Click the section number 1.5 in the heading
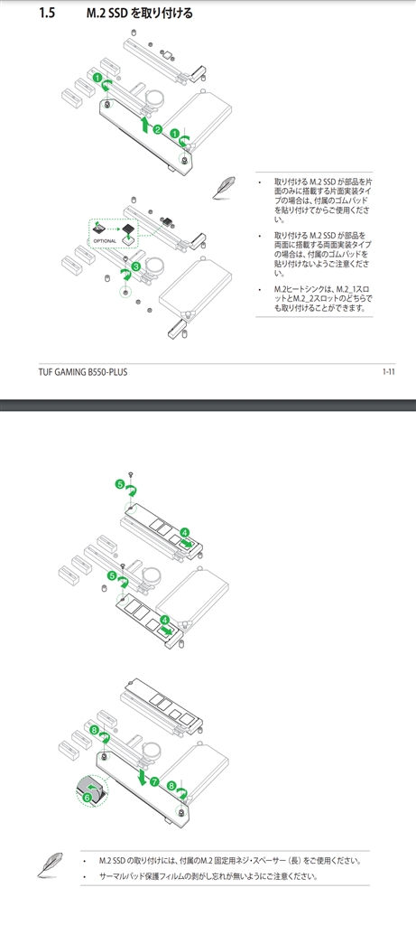click(x=47, y=13)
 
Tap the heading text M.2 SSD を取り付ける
click(x=139, y=13)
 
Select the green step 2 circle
click(x=157, y=129)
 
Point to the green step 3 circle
click(x=136, y=266)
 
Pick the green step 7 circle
click(x=154, y=781)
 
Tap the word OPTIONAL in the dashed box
click(x=105, y=241)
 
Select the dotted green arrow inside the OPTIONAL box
click(x=113, y=226)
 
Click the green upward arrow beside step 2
click(x=145, y=125)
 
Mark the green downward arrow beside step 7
click(x=142, y=776)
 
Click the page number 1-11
click(x=388, y=371)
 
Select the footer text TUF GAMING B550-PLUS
click(x=83, y=372)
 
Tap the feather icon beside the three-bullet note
click(x=225, y=187)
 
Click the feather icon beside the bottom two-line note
click(x=50, y=864)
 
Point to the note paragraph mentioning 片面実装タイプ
click(x=323, y=201)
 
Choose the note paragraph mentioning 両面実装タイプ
click(x=323, y=254)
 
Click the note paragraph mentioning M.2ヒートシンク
click(x=323, y=298)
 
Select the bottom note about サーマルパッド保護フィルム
click(x=208, y=876)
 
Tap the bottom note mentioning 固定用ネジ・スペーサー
click(x=230, y=861)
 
